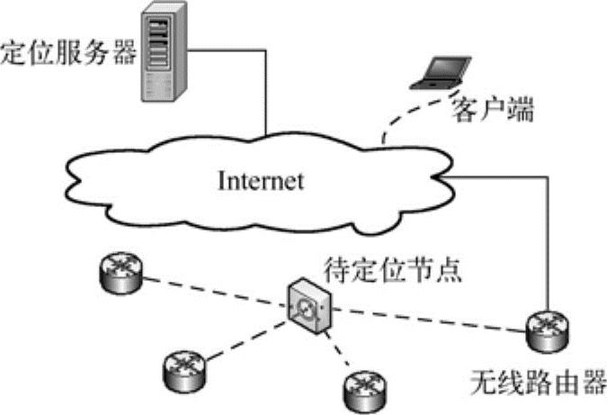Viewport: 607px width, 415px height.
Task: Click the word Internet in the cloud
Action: [x=261, y=180]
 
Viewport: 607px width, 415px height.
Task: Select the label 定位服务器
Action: [x=67, y=52]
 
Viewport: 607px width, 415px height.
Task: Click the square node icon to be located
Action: [x=308, y=305]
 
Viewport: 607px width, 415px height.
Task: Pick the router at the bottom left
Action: [x=185, y=366]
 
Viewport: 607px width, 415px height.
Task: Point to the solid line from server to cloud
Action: [x=266, y=90]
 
